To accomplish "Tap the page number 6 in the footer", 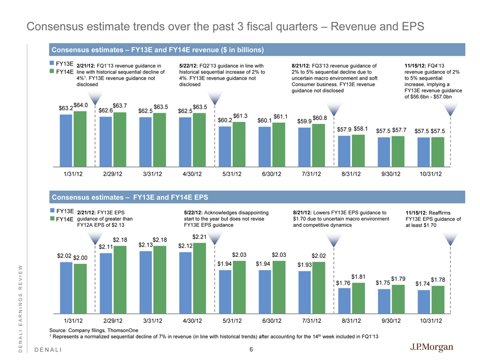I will [251, 350].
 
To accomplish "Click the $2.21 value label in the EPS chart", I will [200, 237].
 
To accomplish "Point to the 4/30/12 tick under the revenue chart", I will [190, 174].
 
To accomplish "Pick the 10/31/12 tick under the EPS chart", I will [430, 321].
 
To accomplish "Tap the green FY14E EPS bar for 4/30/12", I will [200, 278].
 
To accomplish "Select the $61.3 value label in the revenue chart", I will [240, 116].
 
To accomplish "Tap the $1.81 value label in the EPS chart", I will [358, 277].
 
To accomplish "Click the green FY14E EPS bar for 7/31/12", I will [318, 287].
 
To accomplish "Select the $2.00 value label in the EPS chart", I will [81, 257].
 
